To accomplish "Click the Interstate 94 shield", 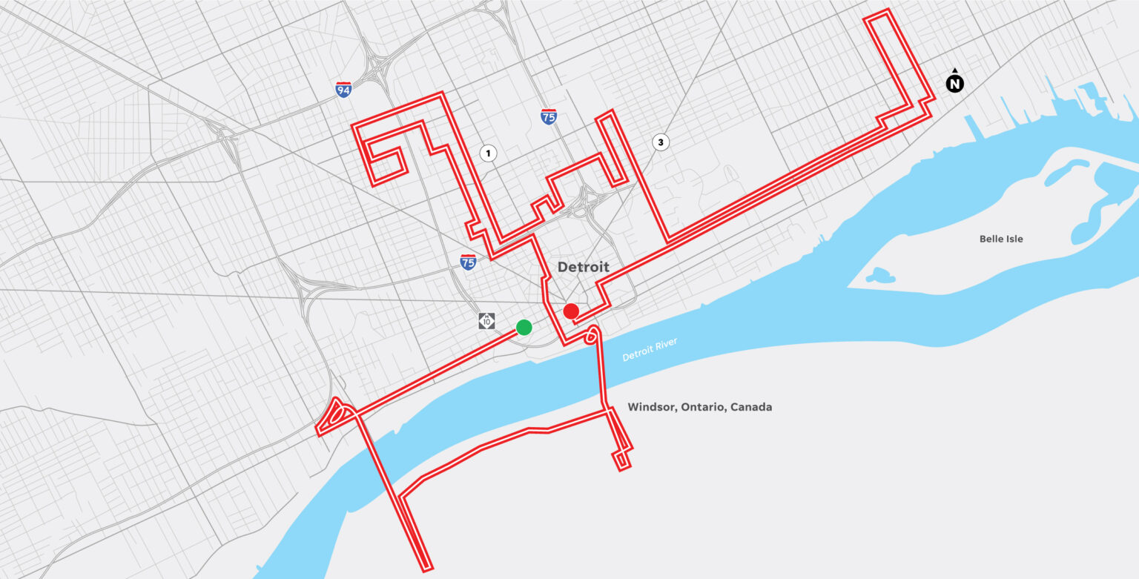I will click(x=343, y=90).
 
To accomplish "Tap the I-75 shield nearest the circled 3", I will click(x=549, y=116).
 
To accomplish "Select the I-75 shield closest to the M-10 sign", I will click(x=467, y=262).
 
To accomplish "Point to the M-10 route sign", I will click(x=486, y=321).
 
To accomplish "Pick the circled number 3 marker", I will click(x=660, y=142).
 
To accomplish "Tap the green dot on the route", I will click(x=524, y=327).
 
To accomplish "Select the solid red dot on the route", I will click(x=571, y=311).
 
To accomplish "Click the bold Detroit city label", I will click(x=583, y=267).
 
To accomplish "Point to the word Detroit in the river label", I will click(x=639, y=354).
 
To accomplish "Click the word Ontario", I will click(x=704, y=407).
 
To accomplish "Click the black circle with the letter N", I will click(x=955, y=84).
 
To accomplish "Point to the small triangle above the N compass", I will click(x=955, y=70).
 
